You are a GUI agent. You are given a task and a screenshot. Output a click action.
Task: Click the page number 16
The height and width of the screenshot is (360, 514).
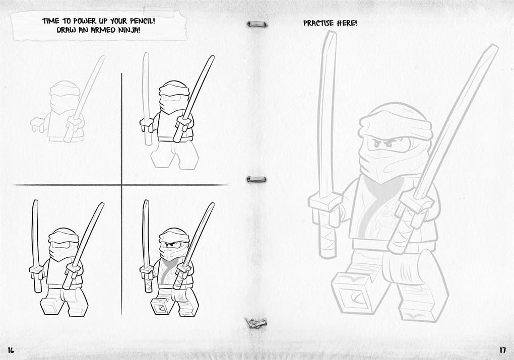pos(11,350)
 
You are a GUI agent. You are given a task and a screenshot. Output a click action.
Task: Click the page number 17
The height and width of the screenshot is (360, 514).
pos(502,350)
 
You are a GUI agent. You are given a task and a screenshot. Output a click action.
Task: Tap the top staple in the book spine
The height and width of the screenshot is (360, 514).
pos(257,24)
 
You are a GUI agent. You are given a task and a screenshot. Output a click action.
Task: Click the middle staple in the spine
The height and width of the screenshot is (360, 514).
pos(256,179)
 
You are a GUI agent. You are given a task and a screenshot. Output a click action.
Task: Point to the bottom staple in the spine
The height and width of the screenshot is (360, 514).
pos(256,323)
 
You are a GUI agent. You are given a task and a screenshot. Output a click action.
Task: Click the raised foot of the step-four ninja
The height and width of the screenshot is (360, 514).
pos(161,305)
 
